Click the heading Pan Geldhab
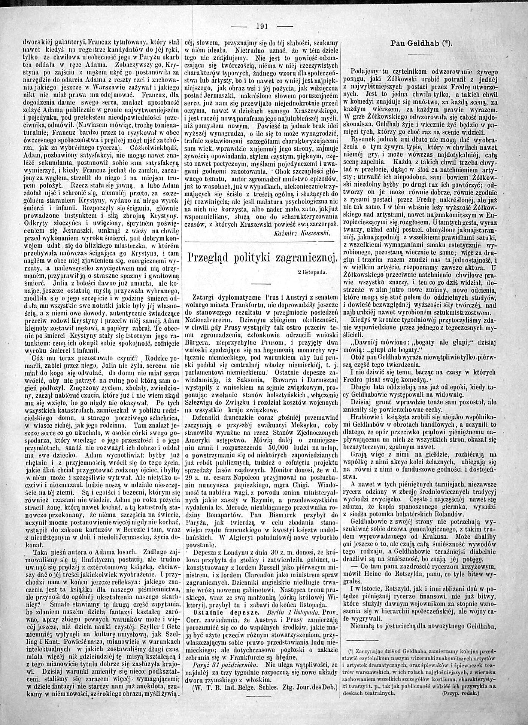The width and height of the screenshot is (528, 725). point(421,43)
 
